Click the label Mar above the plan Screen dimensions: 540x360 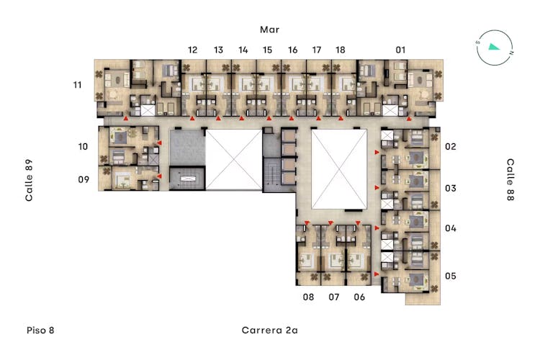pos(269,30)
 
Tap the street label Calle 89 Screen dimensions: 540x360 pos(29,180)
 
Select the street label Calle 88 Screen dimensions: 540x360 pos(510,179)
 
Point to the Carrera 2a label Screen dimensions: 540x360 pos(270,330)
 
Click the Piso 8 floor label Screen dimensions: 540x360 pos(40,330)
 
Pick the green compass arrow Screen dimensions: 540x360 pos(494,47)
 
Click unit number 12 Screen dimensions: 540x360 pos(192,50)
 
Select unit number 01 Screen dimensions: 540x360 pos(400,50)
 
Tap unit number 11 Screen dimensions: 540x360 pos(78,85)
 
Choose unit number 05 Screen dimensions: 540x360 pos(451,276)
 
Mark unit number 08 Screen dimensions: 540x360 pos(308,297)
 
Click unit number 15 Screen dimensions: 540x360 pos(267,50)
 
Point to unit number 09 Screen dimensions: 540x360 pos(84,179)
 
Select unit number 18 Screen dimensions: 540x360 pos(341,50)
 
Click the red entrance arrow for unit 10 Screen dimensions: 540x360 pos(159,143)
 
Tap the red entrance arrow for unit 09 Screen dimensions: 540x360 pos(159,176)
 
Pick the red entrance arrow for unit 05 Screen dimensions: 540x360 pos(377,274)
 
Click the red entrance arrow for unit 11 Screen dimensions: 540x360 pos(126,118)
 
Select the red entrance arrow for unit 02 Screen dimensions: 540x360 pos(377,152)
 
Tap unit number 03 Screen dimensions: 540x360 pos(451,188)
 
